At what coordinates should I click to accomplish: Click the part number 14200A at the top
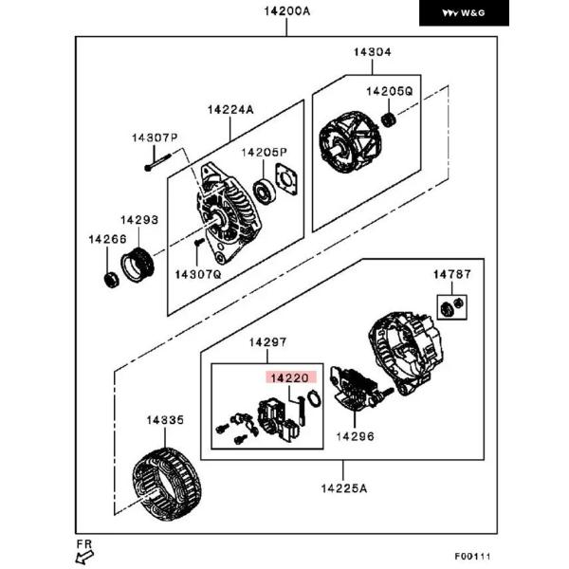(x=287, y=11)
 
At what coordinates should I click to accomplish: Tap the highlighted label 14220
(x=291, y=377)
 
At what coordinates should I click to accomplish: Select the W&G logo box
(x=464, y=13)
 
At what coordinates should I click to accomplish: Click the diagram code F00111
(x=472, y=556)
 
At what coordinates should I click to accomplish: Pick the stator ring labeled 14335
(x=167, y=484)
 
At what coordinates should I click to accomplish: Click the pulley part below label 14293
(x=138, y=265)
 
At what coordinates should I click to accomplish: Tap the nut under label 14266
(x=111, y=280)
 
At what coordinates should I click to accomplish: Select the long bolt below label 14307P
(x=157, y=162)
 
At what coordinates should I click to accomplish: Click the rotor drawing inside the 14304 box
(x=350, y=141)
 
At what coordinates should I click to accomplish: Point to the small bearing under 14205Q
(x=389, y=120)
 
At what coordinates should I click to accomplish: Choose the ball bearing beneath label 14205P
(x=264, y=192)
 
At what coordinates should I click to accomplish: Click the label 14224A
(x=230, y=110)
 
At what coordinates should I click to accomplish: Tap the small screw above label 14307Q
(x=198, y=242)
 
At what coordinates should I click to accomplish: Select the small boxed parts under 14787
(x=451, y=307)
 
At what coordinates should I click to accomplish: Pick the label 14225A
(x=344, y=488)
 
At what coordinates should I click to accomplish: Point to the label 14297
(x=267, y=342)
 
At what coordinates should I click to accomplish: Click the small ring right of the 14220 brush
(x=314, y=398)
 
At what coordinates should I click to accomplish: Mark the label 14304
(x=373, y=52)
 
